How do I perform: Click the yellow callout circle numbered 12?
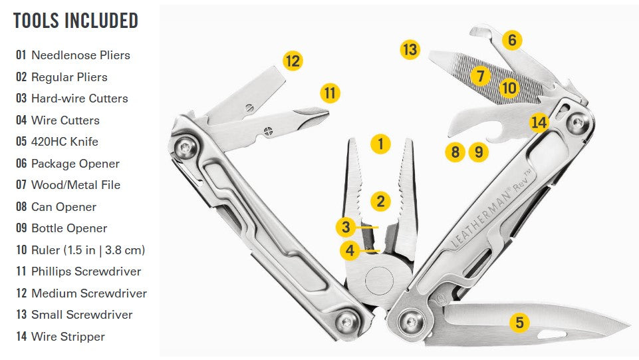pyautogui.click(x=293, y=61)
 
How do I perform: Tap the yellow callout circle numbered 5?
pyautogui.click(x=519, y=323)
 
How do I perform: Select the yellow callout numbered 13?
pyautogui.click(x=410, y=50)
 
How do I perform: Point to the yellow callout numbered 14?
pyautogui.click(x=539, y=122)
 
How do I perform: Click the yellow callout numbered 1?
pyautogui.click(x=380, y=144)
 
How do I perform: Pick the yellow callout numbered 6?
pyautogui.click(x=512, y=40)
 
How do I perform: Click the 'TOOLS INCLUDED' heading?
pyautogui.click(x=76, y=21)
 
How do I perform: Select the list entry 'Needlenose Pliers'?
pyautogui.click(x=80, y=55)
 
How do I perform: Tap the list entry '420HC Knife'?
pyautogui.click(x=64, y=142)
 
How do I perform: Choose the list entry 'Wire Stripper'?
pyautogui.click(x=68, y=336)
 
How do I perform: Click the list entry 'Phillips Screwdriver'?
pyautogui.click(x=86, y=271)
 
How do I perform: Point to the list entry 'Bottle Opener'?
pyautogui.click(x=69, y=228)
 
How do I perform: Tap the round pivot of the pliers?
pyautogui.click(x=380, y=281)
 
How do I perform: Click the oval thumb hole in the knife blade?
pyautogui.click(x=552, y=335)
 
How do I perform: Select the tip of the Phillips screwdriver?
pyautogui.click(x=328, y=111)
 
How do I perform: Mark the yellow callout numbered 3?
pyautogui.click(x=346, y=227)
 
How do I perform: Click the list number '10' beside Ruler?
pyautogui.click(x=21, y=250)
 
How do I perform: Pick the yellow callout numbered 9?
pyautogui.click(x=479, y=152)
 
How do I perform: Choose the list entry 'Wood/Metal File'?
pyautogui.click(x=76, y=185)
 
